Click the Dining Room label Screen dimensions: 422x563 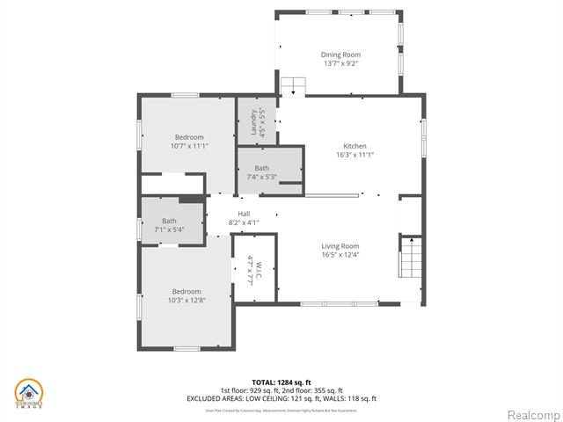[x=340, y=55]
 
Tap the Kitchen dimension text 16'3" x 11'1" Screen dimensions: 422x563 [x=355, y=156]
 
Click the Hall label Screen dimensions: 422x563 [x=244, y=214]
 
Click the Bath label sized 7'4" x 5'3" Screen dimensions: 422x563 [x=262, y=168]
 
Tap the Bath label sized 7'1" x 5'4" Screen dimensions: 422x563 [x=169, y=221]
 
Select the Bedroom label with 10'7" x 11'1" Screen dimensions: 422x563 [x=189, y=137]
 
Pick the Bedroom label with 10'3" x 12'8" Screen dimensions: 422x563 [x=186, y=292]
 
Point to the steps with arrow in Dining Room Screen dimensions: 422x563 [x=293, y=87]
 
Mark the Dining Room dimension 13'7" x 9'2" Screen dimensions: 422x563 [x=340, y=63]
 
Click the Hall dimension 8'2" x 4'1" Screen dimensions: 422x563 [x=244, y=222]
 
